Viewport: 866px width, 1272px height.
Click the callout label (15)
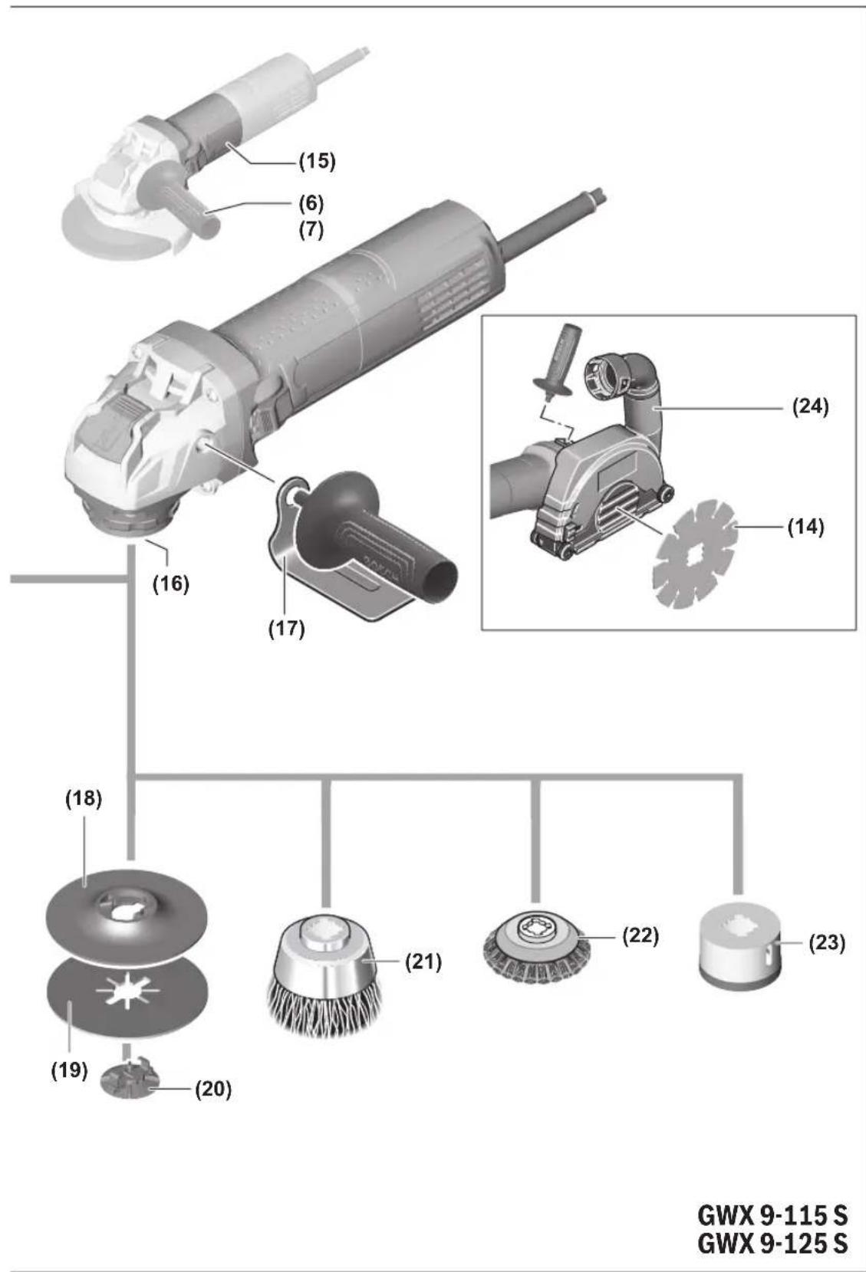click(317, 161)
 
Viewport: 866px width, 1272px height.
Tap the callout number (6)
click(311, 202)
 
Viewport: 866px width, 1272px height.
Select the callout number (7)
click(311, 229)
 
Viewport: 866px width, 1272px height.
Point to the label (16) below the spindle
click(170, 583)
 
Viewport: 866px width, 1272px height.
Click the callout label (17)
click(286, 629)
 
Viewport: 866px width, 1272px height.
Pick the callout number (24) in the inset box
click(810, 406)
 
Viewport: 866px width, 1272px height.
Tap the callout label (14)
click(805, 528)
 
